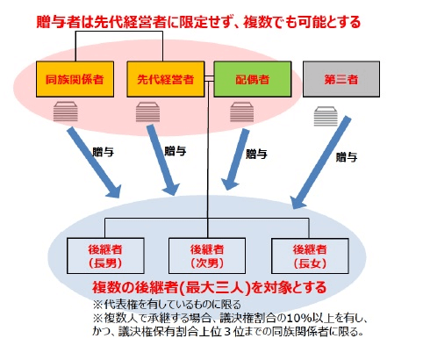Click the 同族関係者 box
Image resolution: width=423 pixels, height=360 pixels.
click(x=75, y=79)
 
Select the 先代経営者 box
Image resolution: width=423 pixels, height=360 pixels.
click(x=165, y=79)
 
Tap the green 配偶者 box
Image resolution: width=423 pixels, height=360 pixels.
click(x=253, y=79)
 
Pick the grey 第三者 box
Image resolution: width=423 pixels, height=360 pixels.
click(x=341, y=79)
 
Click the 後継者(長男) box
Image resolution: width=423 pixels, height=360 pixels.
click(x=105, y=256)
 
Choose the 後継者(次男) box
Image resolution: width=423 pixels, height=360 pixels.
click(x=207, y=256)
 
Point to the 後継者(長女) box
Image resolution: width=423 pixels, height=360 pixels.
click(x=310, y=256)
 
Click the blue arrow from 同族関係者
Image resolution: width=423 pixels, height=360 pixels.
click(x=94, y=162)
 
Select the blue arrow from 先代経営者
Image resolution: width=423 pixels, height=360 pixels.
click(x=162, y=160)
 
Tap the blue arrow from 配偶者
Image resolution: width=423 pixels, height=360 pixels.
click(x=235, y=160)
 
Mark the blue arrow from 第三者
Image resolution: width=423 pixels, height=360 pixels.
click(x=321, y=162)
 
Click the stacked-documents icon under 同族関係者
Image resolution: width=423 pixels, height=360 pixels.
click(x=66, y=112)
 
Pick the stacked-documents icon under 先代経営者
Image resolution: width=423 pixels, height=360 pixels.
click(x=147, y=112)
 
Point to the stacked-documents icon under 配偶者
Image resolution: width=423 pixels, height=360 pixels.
click(x=241, y=112)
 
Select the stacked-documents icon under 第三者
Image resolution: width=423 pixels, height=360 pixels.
click(x=326, y=116)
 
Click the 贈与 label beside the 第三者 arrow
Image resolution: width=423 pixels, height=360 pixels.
click(x=347, y=157)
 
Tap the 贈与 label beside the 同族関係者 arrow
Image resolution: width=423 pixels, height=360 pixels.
click(x=103, y=152)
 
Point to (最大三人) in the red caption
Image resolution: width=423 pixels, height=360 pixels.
click(x=215, y=288)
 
